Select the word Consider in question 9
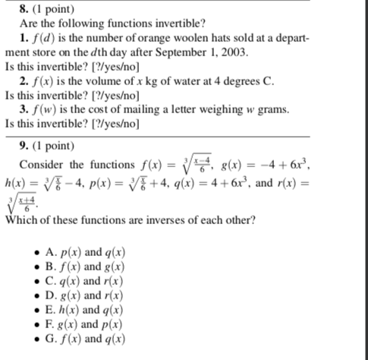(42, 165)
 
